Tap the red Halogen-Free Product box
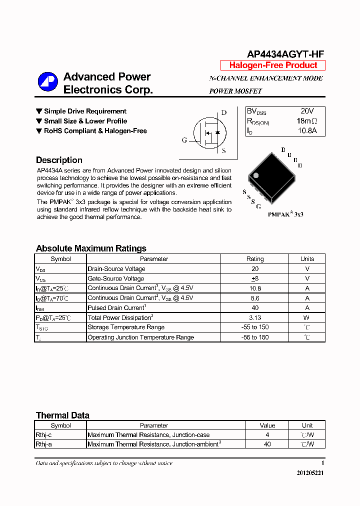pyautogui.click(x=273, y=65)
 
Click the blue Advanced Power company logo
pyautogui.click(x=48, y=82)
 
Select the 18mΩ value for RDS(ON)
pyautogui.click(x=306, y=121)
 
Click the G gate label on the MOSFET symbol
pyautogui.click(x=184, y=140)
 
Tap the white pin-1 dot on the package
pyautogui.click(x=255, y=175)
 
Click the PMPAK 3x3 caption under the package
pyautogui.click(x=285, y=214)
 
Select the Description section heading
pyautogui.click(x=59, y=160)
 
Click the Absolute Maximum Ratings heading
pyautogui.click(x=91, y=248)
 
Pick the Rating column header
pyautogui.click(x=254, y=259)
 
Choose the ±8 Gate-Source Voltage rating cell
pyautogui.click(x=254, y=278)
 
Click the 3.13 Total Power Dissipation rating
pyautogui.click(x=254, y=317)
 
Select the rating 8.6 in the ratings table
pyautogui.click(x=254, y=298)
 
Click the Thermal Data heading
pyautogui.click(x=62, y=415)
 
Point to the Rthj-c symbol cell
pyautogui.click(x=43, y=435)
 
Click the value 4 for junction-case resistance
pyautogui.click(x=267, y=435)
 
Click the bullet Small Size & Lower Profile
pyautogui.click(x=85, y=121)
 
